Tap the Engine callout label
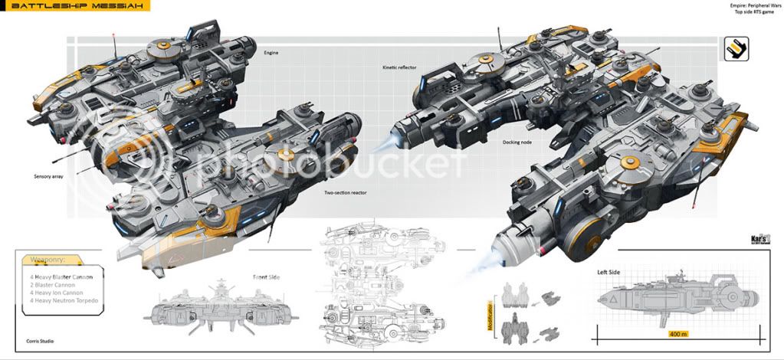coord(271,53)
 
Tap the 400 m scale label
coord(678,335)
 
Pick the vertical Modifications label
coord(489,314)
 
